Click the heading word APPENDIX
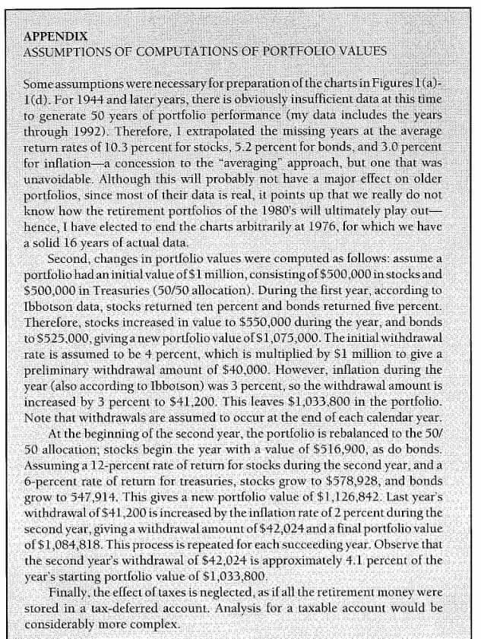click(55, 36)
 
